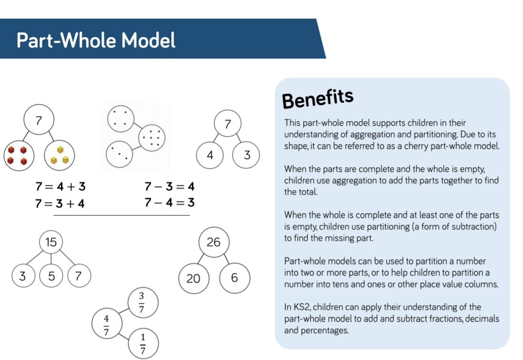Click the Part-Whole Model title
(x=96, y=40)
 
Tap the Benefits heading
(x=317, y=98)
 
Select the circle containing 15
(x=51, y=242)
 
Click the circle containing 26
(x=214, y=242)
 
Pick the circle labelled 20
(x=194, y=278)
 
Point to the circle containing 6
(x=235, y=278)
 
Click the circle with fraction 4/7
(x=107, y=323)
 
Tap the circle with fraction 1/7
(x=143, y=344)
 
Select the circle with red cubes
(x=19, y=156)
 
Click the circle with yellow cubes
(x=59, y=156)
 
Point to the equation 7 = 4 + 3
(x=60, y=186)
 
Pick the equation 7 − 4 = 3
(x=169, y=202)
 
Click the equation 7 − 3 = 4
(x=169, y=186)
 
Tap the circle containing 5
(x=51, y=276)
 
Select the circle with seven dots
(x=152, y=137)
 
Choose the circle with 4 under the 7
(x=210, y=155)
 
